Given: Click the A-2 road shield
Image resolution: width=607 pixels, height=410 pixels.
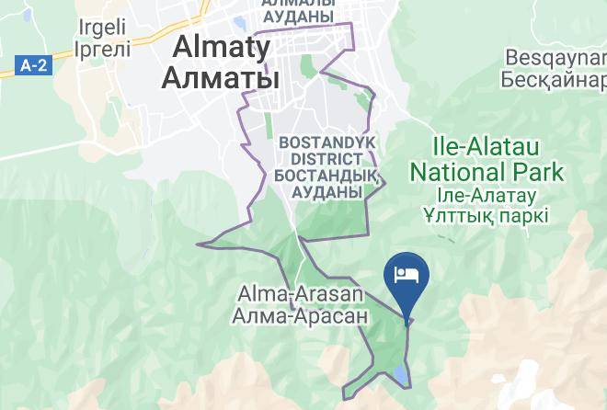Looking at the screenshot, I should pyautogui.click(x=33, y=65).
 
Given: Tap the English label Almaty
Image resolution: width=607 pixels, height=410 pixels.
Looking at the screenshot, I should pyautogui.click(x=219, y=47).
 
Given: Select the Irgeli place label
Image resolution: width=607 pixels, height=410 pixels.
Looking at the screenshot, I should pyautogui.click(x=103, y=27).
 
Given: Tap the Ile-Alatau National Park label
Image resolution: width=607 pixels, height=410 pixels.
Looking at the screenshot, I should pyautogui.click(x=487, y=159).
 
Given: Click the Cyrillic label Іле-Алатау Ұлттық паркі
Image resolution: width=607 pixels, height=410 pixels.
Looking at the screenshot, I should pyautogui.click(x=487, y=205).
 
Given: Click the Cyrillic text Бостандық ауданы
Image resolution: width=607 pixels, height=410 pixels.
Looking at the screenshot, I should pyautogui.click(x=326, y=184).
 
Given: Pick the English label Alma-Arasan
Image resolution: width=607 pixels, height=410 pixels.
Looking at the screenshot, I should pyautogui.click(x=301, y=295).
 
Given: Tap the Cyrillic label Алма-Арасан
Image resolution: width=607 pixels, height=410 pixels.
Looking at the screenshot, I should pyautogui.click(x=301, y=315).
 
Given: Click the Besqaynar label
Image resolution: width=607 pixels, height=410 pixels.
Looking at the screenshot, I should pyautogui.click(x=555, y=57).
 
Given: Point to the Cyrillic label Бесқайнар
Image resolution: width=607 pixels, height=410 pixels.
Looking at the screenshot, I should pyautogui.click(x=555, y=79).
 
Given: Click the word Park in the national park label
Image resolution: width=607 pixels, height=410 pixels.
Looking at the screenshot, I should pyautogui.click(x=540, y=172).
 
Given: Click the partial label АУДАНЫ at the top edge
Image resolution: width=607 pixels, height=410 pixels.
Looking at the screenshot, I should pyautogui.click(x=298, y=17).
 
